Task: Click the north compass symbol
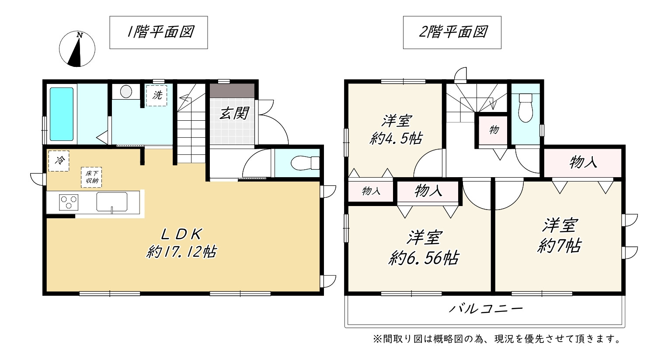pos(77,49)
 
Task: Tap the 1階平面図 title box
pos(159,32)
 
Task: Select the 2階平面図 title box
pos(452,32)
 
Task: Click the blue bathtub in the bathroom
pos(62,114)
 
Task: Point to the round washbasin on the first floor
pos(126,92)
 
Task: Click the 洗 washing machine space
pos(157,95)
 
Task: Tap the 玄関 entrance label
pos(234,113)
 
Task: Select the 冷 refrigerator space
pos(59,161)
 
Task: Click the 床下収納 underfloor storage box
pos(91,177)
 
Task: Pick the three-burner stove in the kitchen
pos(69,202)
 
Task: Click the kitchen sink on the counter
pos(112,202)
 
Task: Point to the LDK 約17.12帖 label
pos(181,243)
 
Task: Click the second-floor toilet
pos(525,108)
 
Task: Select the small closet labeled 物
pos(493,130)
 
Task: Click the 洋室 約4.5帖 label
pos(397,129)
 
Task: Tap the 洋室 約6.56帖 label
pos(424,248)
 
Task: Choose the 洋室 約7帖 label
pos(560,236)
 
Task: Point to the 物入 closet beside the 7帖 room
pos(583,163)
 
